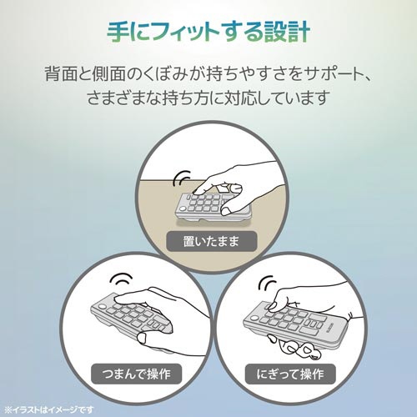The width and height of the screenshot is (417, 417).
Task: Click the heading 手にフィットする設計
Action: (208, 33)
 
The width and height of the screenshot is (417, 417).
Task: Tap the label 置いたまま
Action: (211, 241)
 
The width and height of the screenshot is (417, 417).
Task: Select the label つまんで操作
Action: (136, 374)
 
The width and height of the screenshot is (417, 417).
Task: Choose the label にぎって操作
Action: (290, 374)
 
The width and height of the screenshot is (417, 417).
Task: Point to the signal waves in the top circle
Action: (181, 178)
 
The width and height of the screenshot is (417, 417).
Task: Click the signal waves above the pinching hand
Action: (122, 279)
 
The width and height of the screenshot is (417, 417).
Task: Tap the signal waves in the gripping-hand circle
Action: (267, 283)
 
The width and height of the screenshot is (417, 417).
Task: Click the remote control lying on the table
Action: (212, 207)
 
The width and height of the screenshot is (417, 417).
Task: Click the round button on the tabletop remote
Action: (183, 208)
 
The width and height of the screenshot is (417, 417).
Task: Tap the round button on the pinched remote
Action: (102, 307)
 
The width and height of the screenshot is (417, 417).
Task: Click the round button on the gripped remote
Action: (254, 319)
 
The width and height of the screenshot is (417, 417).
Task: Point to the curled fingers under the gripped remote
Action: (294, 347)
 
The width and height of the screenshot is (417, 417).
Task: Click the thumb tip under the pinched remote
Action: (143, 338)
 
